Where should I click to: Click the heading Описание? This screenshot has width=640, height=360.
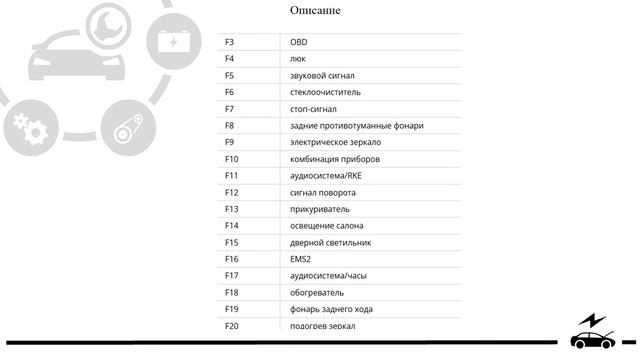pos(315,11)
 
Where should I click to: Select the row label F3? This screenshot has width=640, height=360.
pos(230,43)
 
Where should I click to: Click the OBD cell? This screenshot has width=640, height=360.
pos(299,43)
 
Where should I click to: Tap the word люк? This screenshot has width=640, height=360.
pos(298,59)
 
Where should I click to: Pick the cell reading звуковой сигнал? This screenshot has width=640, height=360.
pos(322,76)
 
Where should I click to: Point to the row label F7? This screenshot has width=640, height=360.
pos(230,109)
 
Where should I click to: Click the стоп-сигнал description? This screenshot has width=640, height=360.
pos(313,109)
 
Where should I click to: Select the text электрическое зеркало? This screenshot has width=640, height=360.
pos(335,143)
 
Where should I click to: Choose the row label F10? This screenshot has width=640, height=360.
pos(232,159)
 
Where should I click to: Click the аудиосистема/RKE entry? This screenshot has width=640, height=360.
pos(326,176)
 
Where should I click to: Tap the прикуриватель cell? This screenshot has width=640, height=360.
pos(319,209)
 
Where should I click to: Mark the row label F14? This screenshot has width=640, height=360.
pos(232,226)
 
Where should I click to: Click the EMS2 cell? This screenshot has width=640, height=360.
pos(301,259)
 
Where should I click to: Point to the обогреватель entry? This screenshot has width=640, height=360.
pos(316,293)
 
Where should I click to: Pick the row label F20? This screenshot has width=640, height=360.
pos(232,326)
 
